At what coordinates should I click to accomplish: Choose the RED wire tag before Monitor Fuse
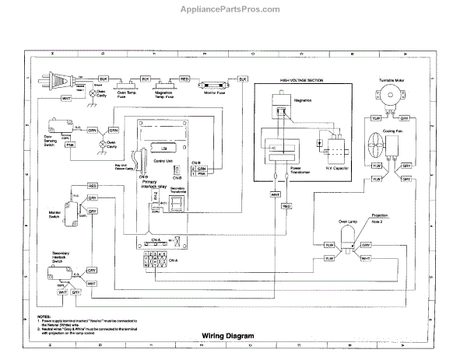pyautogui.click(x=184, y=79)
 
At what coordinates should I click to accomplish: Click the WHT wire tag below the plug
pyautogui.click(x=66, y=99)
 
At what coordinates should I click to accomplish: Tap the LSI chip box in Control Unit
pyautogui.click(x=158, y=147)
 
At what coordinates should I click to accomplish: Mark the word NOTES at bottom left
pyautogui.click(x=44, y=316)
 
